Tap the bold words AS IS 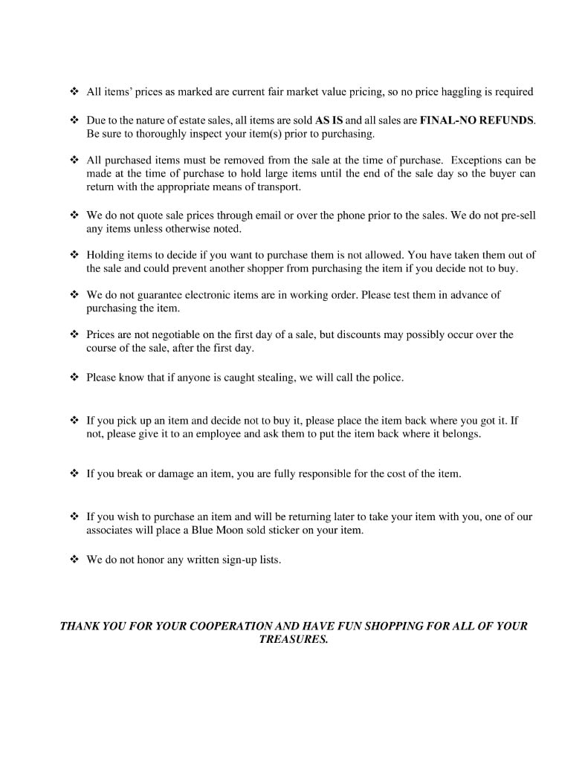click(x=329, y=120)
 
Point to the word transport click(x=278, y=187)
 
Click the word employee click(x=218, y=434)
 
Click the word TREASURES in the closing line click(x=293, y=640)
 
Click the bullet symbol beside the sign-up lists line click(x=74, y=560)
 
